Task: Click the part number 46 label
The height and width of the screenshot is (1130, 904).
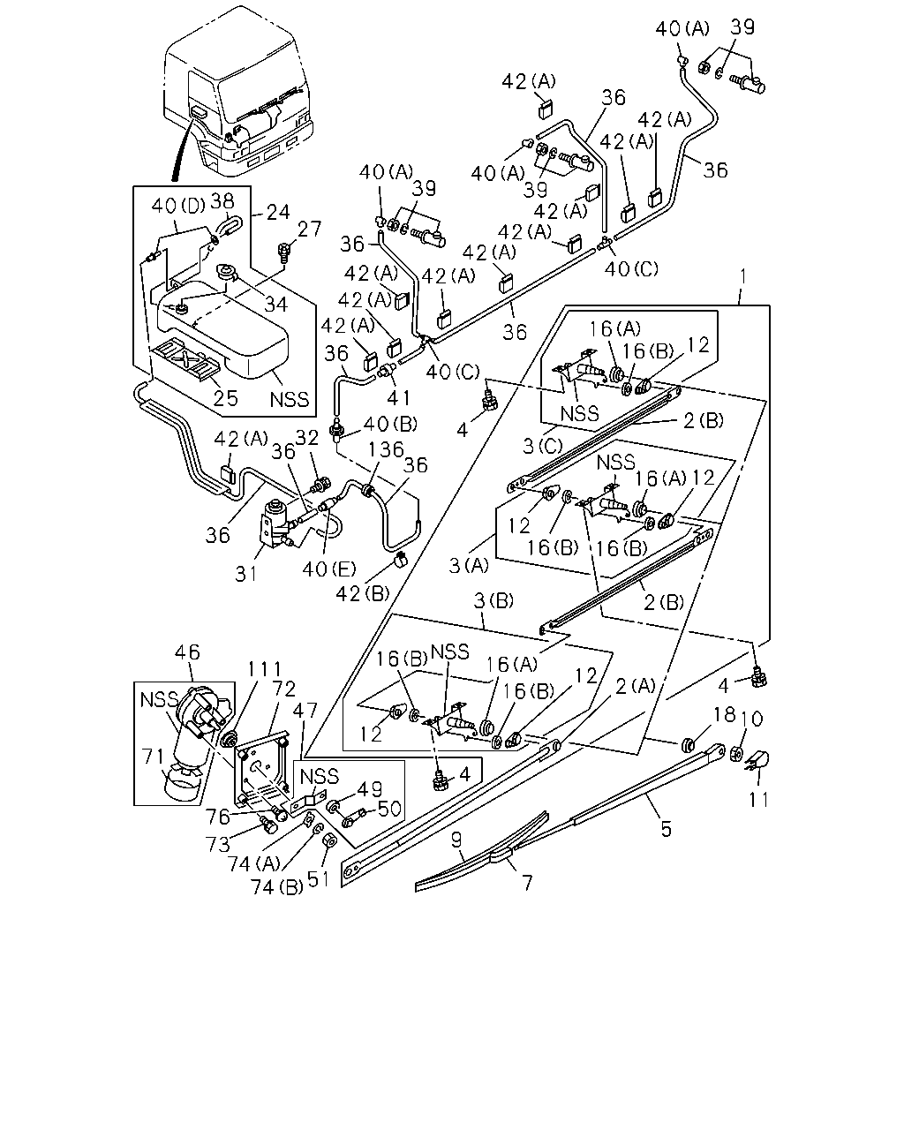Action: pos(187,652)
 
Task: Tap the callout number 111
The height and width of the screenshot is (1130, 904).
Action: pos(264,669)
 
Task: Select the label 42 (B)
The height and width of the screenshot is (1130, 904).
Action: pos(363,594)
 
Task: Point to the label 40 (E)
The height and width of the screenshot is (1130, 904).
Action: pos(329,569)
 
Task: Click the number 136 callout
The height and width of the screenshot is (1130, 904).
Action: pos(386,449)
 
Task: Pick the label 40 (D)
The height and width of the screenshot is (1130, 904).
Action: pos(178,206)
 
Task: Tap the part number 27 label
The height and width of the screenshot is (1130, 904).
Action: pos(309,229)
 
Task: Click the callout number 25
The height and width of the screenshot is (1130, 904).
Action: pos(226,398)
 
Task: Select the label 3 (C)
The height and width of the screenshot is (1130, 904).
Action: pos(543,446)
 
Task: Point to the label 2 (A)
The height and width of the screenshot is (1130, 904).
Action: pos(636,686)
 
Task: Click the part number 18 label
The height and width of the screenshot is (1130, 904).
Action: pos(725,714)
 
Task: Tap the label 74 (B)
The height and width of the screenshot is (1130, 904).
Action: pos(277,886)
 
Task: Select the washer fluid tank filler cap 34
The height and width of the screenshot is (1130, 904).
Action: pos(228,272)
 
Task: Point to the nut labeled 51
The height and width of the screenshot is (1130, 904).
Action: pos(329,840)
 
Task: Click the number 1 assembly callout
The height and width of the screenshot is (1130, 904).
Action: pos(742,276)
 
